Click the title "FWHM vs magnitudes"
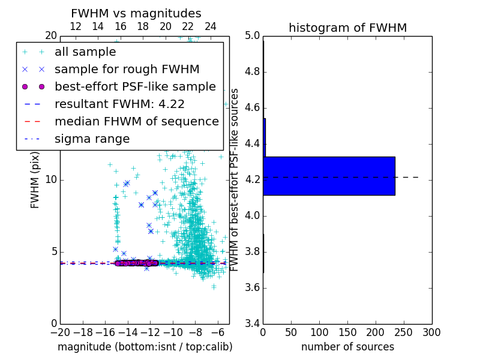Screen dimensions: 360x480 coord(136,14)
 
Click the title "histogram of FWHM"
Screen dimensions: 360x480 coord(347,28)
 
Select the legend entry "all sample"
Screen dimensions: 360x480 coord(85,52)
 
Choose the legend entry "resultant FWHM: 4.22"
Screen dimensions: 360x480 coord(119,104)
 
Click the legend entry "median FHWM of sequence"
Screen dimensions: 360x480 coord(136,121)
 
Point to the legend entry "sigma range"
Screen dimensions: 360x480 coord(92,139)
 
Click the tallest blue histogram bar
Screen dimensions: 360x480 coord(329,176)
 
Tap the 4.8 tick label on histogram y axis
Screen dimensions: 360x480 coord(251,72)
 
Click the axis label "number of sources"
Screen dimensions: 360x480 coord(347,347)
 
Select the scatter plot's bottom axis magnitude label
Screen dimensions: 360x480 coord(145,347)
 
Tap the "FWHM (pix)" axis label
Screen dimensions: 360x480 coord(35,179)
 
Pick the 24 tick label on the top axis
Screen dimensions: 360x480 coord(211,27)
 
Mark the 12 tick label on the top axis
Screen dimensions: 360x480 coord(76,27)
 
